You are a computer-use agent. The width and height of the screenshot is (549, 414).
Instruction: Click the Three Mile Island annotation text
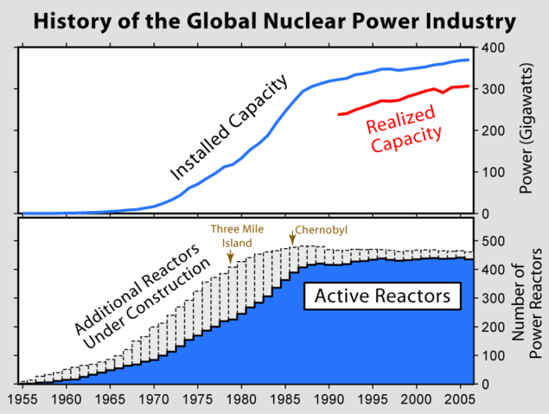point(229,236)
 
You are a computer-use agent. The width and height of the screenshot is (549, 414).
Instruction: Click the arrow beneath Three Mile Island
point(230,258)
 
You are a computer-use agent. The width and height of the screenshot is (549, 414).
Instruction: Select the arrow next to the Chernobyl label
point(292,236)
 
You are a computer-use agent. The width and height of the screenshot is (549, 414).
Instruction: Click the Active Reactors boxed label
point(381,296)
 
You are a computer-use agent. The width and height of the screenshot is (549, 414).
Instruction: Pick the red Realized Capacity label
point(404,127)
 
